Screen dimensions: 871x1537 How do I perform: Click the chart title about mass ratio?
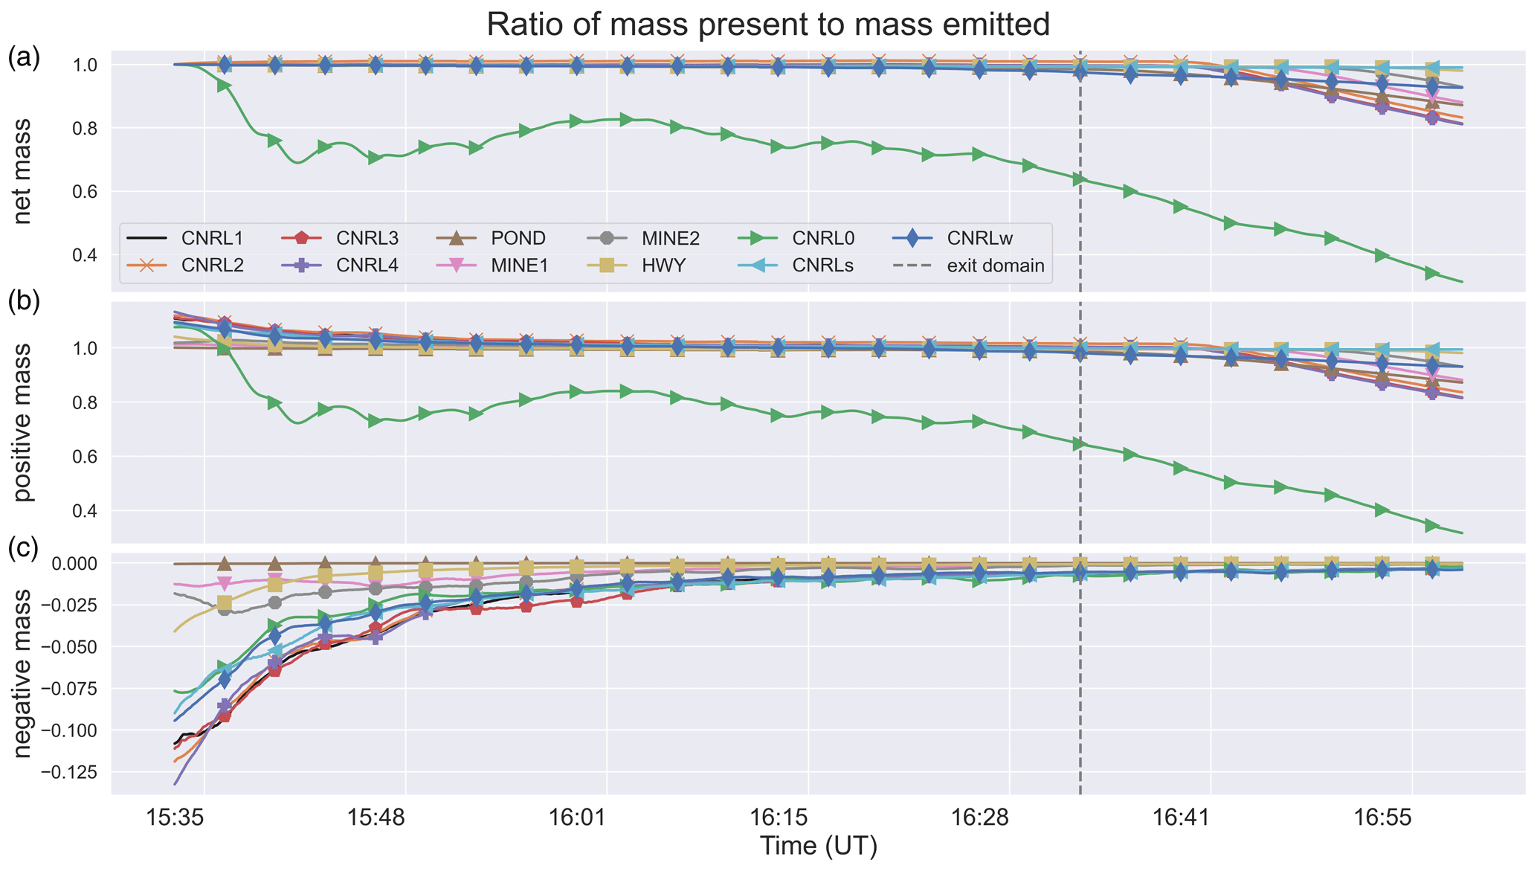(768, 25)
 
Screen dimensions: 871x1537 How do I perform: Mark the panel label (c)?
(23, 547)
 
